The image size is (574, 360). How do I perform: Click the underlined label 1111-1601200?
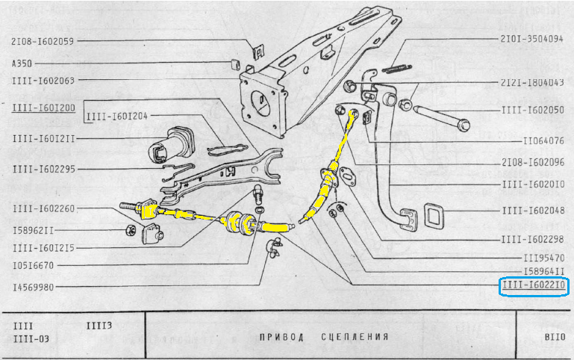pos(43,108)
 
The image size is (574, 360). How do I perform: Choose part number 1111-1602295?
pos(43,169)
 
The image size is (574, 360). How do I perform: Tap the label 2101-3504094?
pos(531,38)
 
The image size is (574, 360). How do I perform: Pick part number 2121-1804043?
pos(531,82)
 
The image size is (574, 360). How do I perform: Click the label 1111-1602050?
pos(531,110)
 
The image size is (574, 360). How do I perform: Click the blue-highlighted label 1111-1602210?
pos(533,286)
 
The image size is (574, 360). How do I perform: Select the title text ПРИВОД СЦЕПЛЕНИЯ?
pos(324,337)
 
